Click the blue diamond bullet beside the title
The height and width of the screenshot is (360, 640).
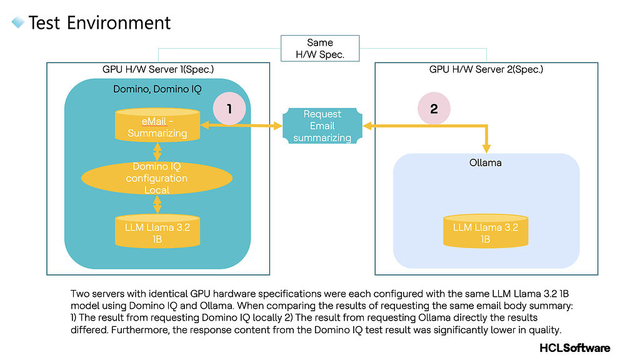pyautogui.click(x=18, y=22)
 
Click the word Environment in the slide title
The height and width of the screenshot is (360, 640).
pyautogui.click(x=119, y=23)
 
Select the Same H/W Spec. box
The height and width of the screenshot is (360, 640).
pyautogui.click(x=320, y=49)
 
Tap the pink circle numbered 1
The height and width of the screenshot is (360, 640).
pyautogui.click(x=229, y=109)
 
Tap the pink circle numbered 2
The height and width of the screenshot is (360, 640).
pyautogui.click(x=434, y=109)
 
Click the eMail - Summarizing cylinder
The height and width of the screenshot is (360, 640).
pyautogui.click(x=157, y=125)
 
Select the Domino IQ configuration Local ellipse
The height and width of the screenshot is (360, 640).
pyautogui.click(x=157, y=178)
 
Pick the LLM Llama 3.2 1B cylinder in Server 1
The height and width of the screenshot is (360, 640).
pyautogui.click(x=157, y=231)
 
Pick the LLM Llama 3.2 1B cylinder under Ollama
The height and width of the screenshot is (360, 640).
pyautogui.click(x=486, y=231)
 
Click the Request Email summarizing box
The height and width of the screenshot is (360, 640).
pyautogui.click(x=322, y=126)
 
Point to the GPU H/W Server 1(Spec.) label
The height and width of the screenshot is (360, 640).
pyautogui.click(x=158, y=69)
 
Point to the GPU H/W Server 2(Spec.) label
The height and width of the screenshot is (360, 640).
pyautogui.click(x=486, y=69)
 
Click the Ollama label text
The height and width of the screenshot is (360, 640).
pyautogui.click(x=485, y=163)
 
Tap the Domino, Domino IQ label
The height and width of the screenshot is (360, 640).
pyautogui.click(x=157, y=89)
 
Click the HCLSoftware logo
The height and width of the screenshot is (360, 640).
pyautogui.click(x=575, y=347)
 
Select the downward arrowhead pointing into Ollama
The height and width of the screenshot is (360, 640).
pyautogui.click(x=486, y=148)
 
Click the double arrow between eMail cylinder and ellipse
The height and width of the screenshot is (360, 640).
pyautogui.click(x=157, y=152)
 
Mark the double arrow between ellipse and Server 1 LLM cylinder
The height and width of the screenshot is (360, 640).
pyautogui.click(x=157, y=204)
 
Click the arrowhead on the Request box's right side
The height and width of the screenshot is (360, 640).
pyautogui.click(x=367, y=126)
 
